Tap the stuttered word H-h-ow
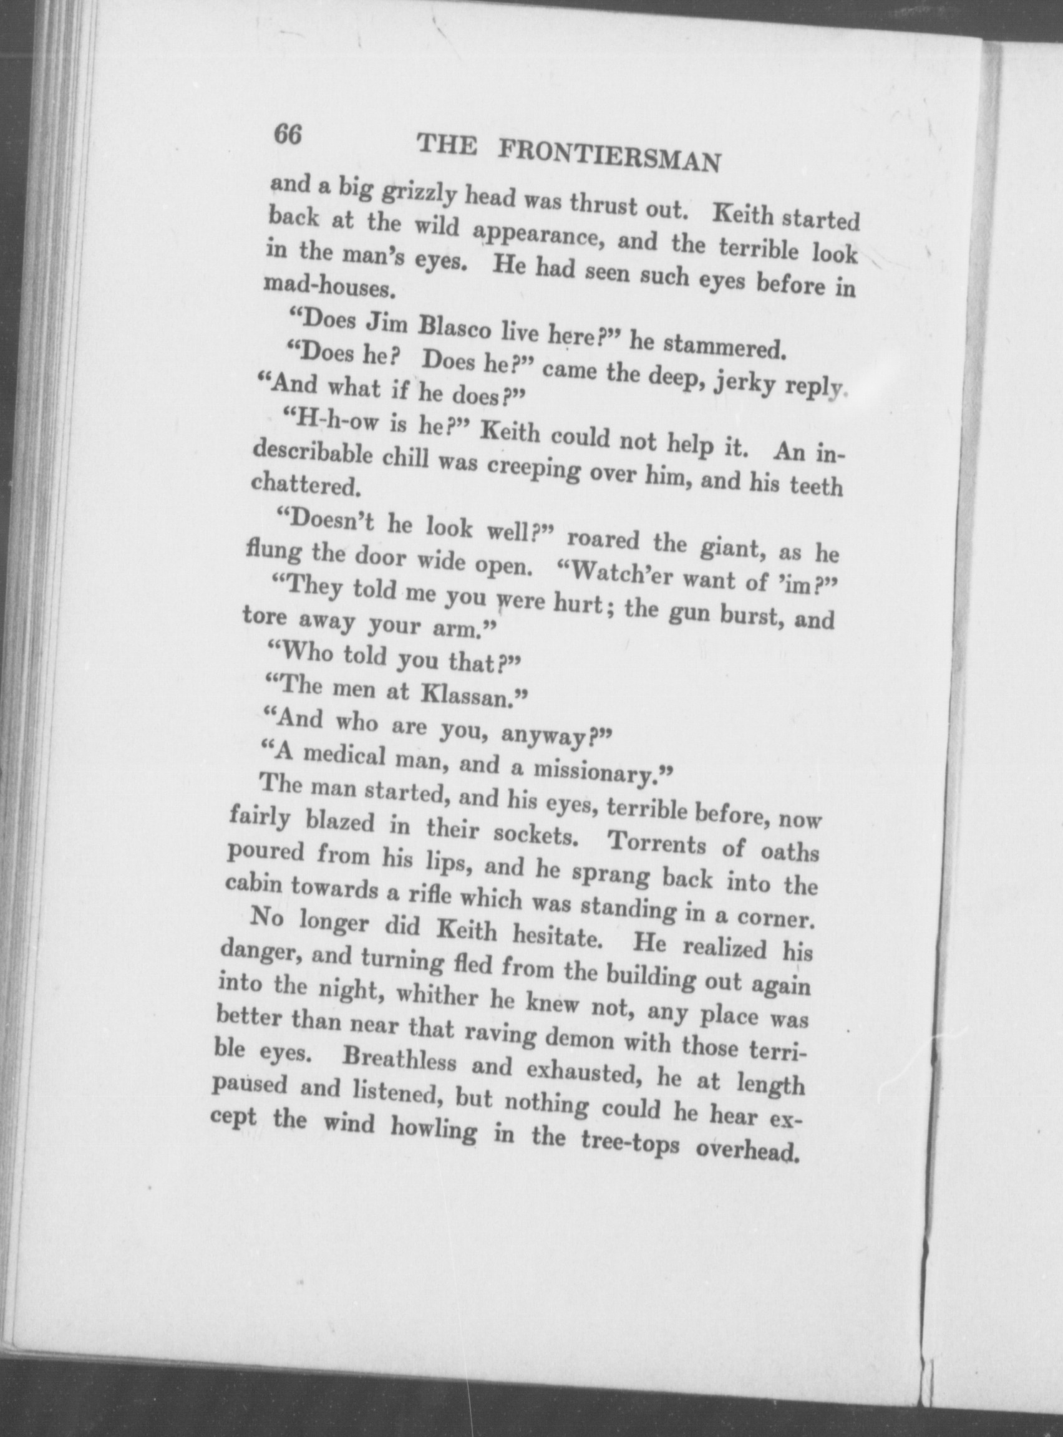click(x=334, y=423)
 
